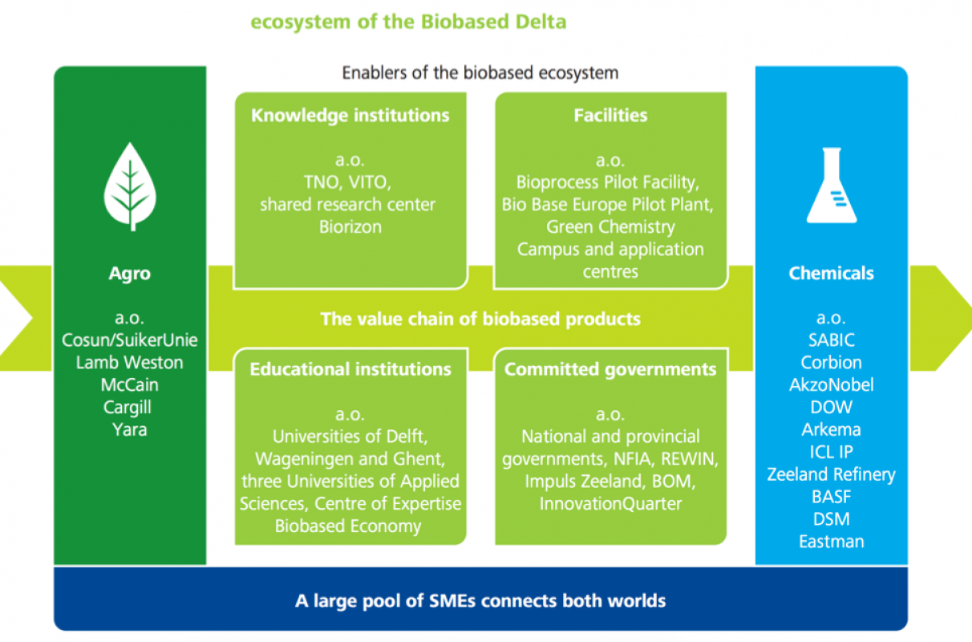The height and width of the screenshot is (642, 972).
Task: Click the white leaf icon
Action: (x=130, y=187)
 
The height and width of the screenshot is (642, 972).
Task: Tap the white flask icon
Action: (x=832, y=185)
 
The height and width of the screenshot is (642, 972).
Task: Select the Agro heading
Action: (x=130, y=274)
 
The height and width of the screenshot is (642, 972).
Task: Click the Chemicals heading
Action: (x=831, y=274)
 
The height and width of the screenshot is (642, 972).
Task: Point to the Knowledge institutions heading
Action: (x=350, y=116)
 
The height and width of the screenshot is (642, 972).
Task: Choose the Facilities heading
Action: (x=610, y=116)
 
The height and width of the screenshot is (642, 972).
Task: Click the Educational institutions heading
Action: (x=350, y=369)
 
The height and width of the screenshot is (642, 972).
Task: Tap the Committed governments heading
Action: (x=610, y=369)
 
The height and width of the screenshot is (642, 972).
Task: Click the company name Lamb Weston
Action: (x=129, y=363)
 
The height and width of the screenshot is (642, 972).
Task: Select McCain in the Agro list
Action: (x=130, y=385)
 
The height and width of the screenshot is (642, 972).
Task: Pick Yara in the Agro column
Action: (x=130, y=429)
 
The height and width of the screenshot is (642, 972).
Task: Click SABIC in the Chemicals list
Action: (x=832, y=340)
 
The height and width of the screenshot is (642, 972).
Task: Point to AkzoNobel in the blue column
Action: (x=832, y=385)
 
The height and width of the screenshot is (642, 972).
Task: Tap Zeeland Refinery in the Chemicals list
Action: (x=831, y=474)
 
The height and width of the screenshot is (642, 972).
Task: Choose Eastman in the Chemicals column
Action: (x=832, y=542)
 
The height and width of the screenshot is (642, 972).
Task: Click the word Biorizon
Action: (x=350, y=227)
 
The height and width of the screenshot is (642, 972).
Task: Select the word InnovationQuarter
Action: (x=610, y=504)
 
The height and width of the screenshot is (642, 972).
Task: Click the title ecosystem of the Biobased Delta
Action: (x=408, y=22)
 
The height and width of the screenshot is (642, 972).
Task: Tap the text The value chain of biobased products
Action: (x=480, y=319)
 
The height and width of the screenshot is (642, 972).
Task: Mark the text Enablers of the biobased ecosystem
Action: (x=480, y=73)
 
